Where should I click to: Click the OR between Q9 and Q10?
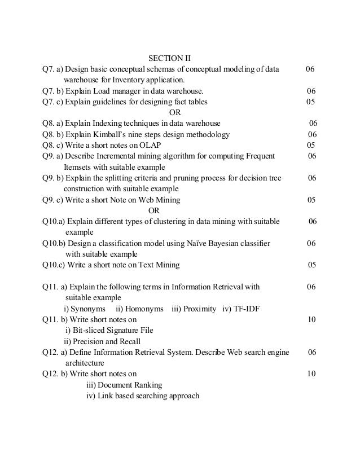(153, 210)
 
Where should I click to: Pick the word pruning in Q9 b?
(179, 178)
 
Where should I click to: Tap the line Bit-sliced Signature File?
(109, 330)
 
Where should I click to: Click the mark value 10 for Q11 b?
(311, 319)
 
